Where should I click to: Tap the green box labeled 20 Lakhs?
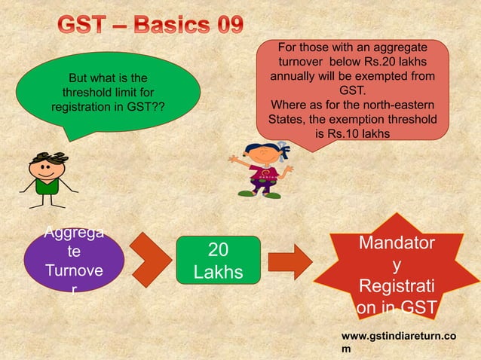(215, 260)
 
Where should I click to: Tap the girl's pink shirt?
(264, 176)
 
